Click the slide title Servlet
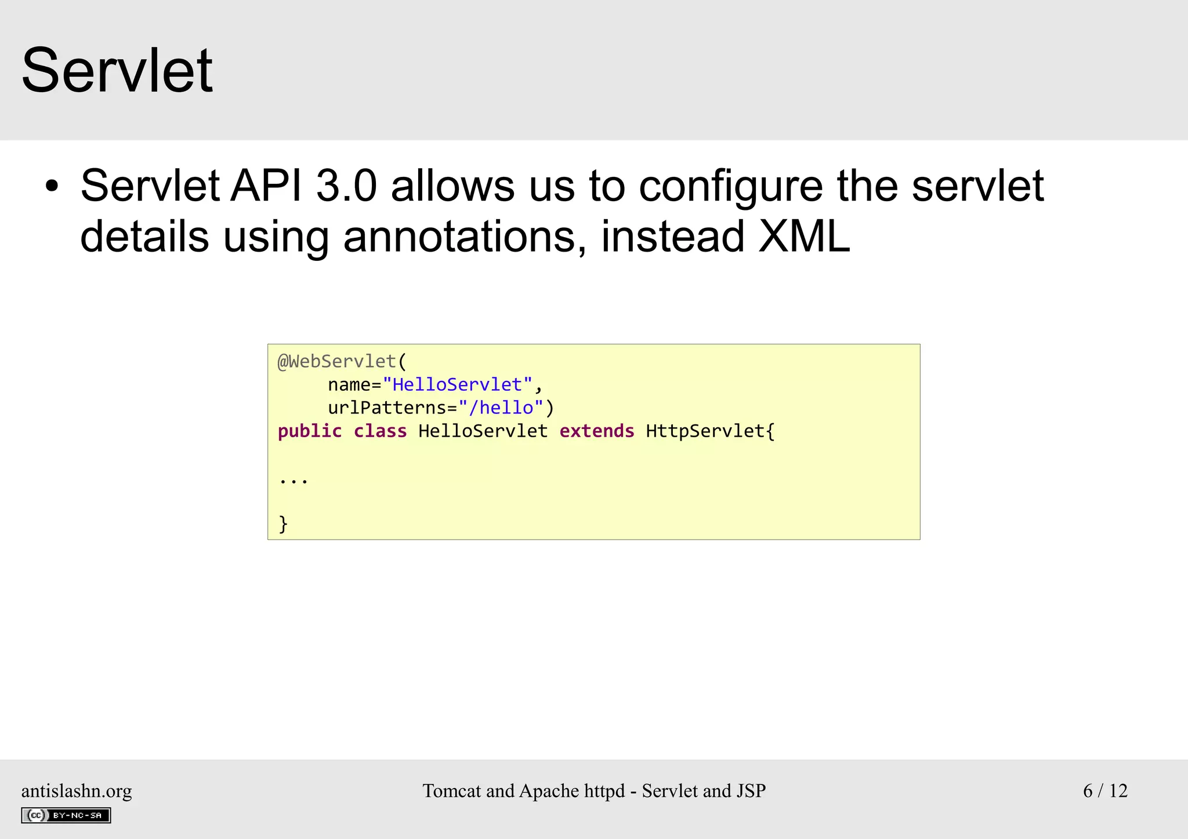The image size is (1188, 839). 117,71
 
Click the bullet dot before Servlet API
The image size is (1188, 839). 52,187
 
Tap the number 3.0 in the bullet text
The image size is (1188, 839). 346,187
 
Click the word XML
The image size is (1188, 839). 804,237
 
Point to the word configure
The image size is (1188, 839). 730,187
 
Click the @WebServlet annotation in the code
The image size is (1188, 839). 337,362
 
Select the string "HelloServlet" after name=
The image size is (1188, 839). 457,385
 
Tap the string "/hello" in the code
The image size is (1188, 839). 501,408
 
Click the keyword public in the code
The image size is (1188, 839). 310,431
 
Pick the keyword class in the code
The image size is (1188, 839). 380,431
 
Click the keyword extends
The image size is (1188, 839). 597,431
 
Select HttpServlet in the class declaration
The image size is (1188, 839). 705,431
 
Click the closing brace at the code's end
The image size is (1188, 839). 283,524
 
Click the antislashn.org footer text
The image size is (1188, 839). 77,791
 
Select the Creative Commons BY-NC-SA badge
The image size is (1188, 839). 66,815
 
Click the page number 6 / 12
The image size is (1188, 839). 1105,791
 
